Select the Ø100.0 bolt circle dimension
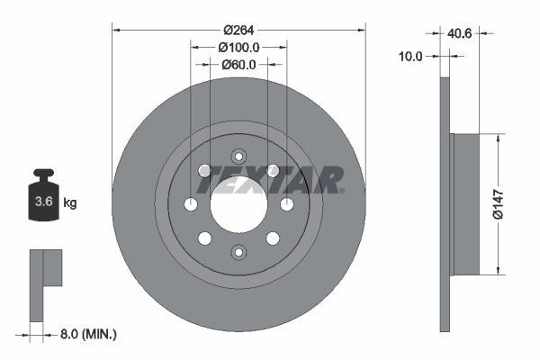(x=238, y=47)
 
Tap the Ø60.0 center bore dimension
(x=238, y=64)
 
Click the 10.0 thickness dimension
(x=410, y=56)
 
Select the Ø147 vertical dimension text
(x=510, y=204)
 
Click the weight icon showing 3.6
(x=42, y=192)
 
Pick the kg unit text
(x=70, y=202)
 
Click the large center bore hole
(x=238, y=204)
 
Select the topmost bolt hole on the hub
(x=238, y=156)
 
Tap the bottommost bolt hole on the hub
(x=238, y=252)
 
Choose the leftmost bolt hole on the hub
(x=191, y=204)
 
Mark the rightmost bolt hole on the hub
(x=286, y=204)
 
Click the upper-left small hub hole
(x=205, y=171)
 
